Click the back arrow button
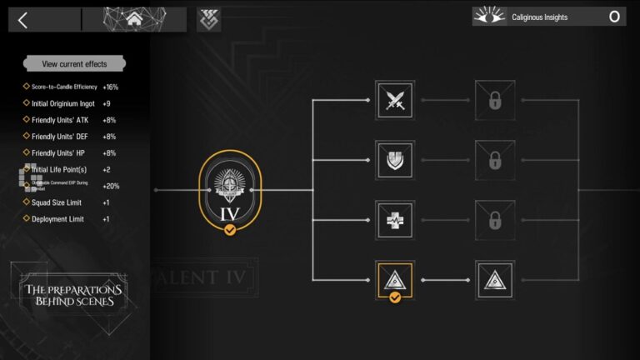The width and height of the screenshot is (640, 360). tap(23, 20)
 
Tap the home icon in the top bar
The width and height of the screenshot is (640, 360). tap(134, 20)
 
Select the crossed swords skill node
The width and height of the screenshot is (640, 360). tap(395, 101)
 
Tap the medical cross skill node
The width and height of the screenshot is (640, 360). tap(395, 220)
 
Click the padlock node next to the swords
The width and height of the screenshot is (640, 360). tap(495, 101)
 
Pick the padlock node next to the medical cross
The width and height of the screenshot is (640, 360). tap(495, 220)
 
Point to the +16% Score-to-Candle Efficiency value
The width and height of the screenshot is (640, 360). tap(111, 87)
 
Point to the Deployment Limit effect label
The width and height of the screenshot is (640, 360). tap(57, 219)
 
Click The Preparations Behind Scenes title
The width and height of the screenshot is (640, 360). tap(73, 295)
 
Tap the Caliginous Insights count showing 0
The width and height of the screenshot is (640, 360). tap(614, 17)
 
